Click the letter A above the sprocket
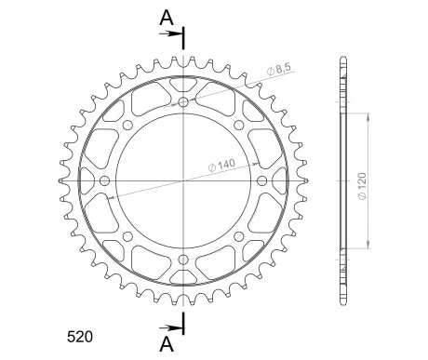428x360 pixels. pos(166,16)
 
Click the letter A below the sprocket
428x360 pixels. pos(166,344)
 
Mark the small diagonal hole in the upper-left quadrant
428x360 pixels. pos(127,124)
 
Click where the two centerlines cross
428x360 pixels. pos(183,180)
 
